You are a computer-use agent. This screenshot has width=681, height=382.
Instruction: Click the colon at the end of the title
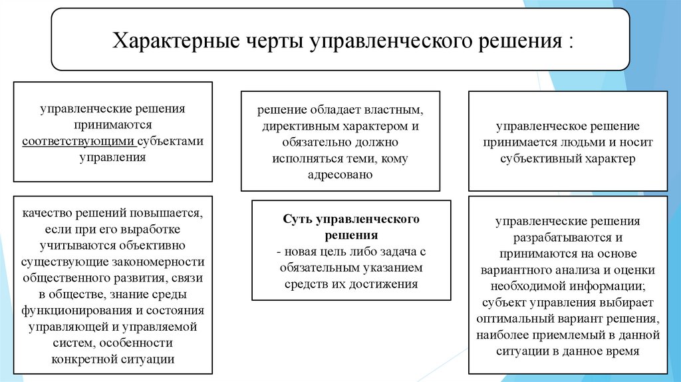pyautogui.click(x=570, y=41)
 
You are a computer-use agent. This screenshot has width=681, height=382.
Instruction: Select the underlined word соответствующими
pyautogui.click(x=78, y=141)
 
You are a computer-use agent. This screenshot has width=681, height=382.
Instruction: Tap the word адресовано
pyautogui.click(x=340, y=174)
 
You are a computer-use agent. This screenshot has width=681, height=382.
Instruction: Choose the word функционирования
pyautogui.click(x=70, y=311)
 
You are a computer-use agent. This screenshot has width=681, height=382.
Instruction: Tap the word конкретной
pyautogui.click(x=83, y=359)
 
